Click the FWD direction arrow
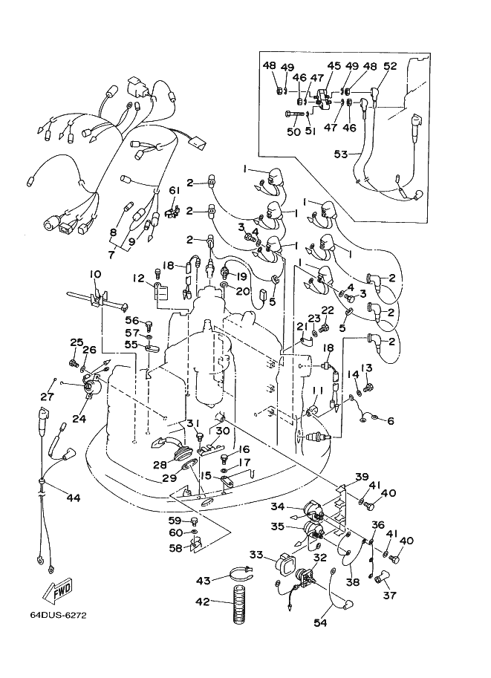[57, 590]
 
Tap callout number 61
[174, 191]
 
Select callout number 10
[95, 274]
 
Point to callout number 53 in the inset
[341, 154]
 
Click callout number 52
[390, 66]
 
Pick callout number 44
[74, 498]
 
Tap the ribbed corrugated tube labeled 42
[238, 604]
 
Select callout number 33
[256, 554]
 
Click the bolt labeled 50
[296, 114]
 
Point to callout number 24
[79, 419]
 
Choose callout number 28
[160, 466]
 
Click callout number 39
[362, 477]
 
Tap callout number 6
[391, 420]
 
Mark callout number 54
[320, 622]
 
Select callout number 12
[138, 278]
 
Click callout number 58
[175, 547]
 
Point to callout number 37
[390, 596]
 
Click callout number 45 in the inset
[334, 66]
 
